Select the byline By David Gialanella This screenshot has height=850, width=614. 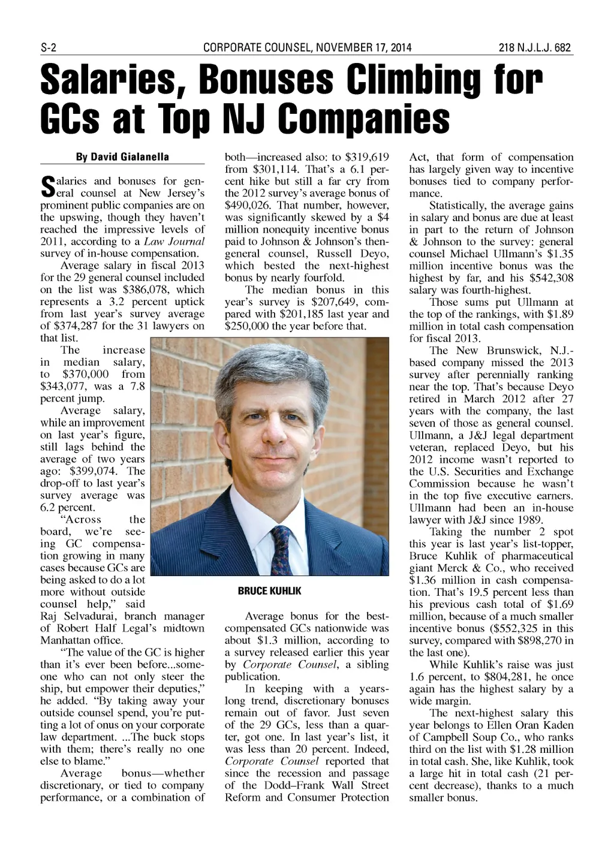pyautogui.click(x=122, y=157)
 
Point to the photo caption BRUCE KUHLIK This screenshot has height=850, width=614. pyautogui.click(x=269, y=591)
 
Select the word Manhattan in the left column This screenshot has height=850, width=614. pyautogui.click(x=65, y=640)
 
